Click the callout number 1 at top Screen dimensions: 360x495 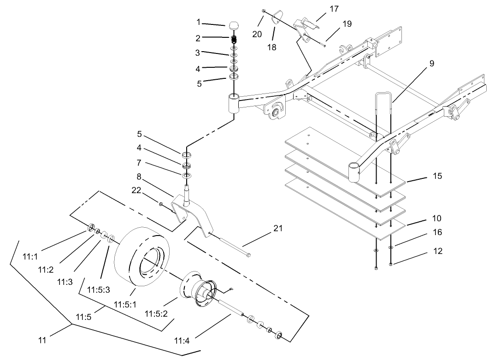[x=199, y=22]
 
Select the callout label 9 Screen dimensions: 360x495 [x=431, y=64]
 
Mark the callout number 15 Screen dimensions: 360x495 [x=437, y=176]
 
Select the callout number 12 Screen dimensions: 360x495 [x=437, y=251]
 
